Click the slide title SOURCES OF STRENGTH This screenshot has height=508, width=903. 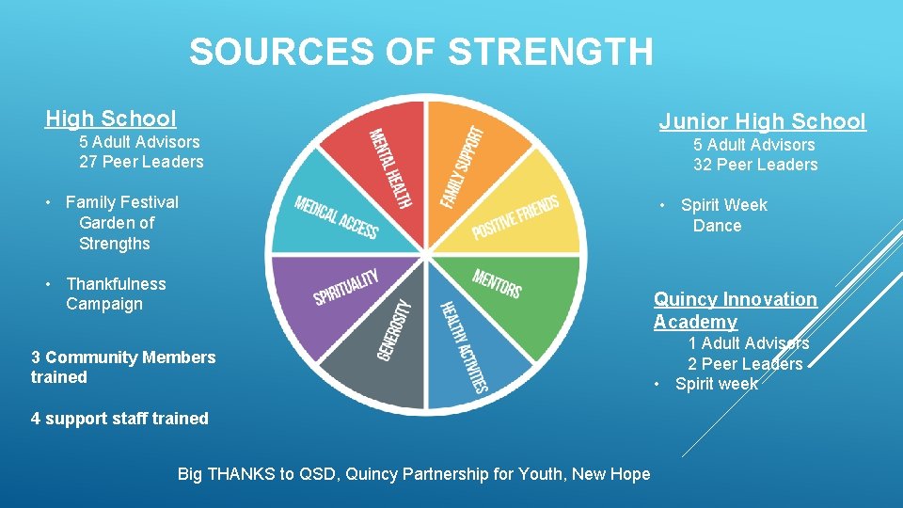tap(420, 52)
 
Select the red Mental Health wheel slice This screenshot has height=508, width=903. tap(386, 165)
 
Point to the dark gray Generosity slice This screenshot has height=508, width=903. tap(386, 348)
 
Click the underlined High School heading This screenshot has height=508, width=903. tap(111, 119)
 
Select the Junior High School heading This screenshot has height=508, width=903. tap(762, 121)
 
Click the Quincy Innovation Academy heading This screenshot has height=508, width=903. tap(735, 310)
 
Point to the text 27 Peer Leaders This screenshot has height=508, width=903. tap(141, 162)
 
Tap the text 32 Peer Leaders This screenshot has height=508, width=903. tap(755, 165)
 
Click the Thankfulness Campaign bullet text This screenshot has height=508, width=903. tap(115, 294)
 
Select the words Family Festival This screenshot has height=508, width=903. tap(121, 202)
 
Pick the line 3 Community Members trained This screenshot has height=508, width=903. tap(123, 367)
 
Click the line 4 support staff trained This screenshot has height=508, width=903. tap(119, 419)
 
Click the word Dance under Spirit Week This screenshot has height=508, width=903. tap(717, 226)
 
